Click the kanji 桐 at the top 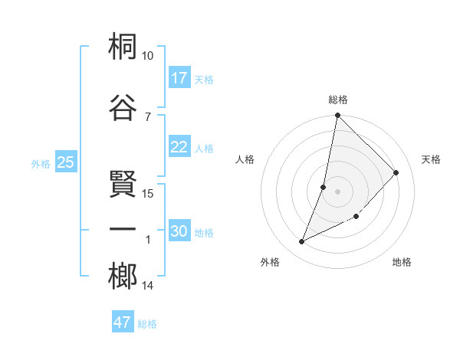pos(123,47)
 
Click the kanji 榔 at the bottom pos(123,277)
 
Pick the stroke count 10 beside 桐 pos(147,56)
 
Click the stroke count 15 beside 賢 pos(148,193)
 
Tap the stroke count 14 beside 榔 pos(148,286)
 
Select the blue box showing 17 pos(179,78)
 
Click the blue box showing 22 pos(179,148)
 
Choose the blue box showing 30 pos(179,231)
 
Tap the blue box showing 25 pos(65,162)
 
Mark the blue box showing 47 pos(123,322)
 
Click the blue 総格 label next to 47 pos(147,324)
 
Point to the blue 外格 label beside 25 pos(41,164)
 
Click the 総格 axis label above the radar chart pos(338,100)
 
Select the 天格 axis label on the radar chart pos(431,159)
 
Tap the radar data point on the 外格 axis pos(302,242)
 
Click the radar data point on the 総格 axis pos(337,116)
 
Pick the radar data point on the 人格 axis pos(324,187)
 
